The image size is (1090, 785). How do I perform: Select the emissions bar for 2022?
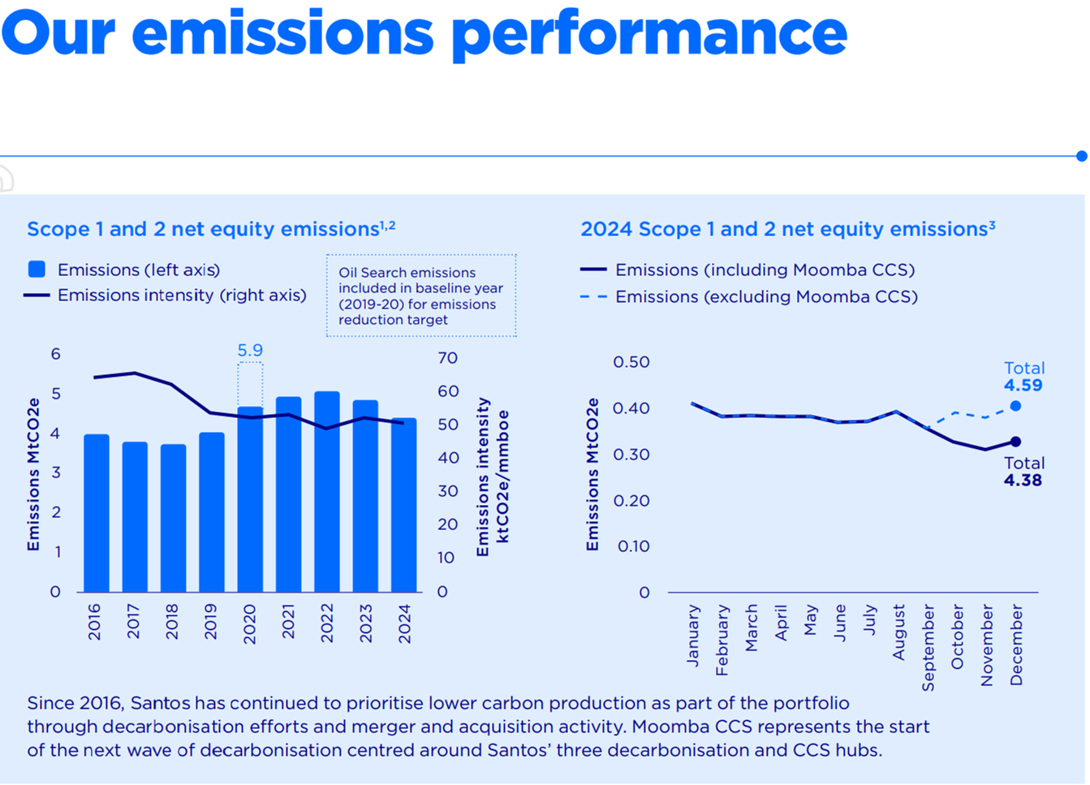[x=327, y=495]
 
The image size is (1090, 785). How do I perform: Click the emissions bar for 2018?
[x=173, y=520]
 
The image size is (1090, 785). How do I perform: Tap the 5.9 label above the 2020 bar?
[x=250, y=351]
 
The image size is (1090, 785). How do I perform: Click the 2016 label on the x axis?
[x=95, y=622]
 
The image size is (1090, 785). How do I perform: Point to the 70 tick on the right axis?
[x=447, y=358]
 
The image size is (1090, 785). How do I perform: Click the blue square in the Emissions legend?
[x=37, y=270]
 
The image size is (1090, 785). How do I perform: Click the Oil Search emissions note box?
[x=421, y=296]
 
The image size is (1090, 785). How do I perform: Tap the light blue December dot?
[x=1015, y=406]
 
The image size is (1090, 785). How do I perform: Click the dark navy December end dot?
[x=1015, y=442]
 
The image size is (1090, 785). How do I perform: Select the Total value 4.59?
[x=1023, y=386]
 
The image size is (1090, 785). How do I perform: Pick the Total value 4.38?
[x=1023, y=481]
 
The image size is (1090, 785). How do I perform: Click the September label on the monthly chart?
[x=928, y=648]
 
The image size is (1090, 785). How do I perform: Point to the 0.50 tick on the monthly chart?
[x=631, y=362]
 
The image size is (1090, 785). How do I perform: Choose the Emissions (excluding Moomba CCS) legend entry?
[x=765, y=297]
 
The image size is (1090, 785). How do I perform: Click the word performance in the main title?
[x=648, y=34]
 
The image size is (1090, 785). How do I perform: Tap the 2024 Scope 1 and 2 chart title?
[x=787, y=230]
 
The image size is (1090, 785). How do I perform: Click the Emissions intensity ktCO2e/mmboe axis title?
[x=493, y=477]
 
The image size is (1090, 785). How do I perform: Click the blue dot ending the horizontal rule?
[x=1082, y=156]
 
